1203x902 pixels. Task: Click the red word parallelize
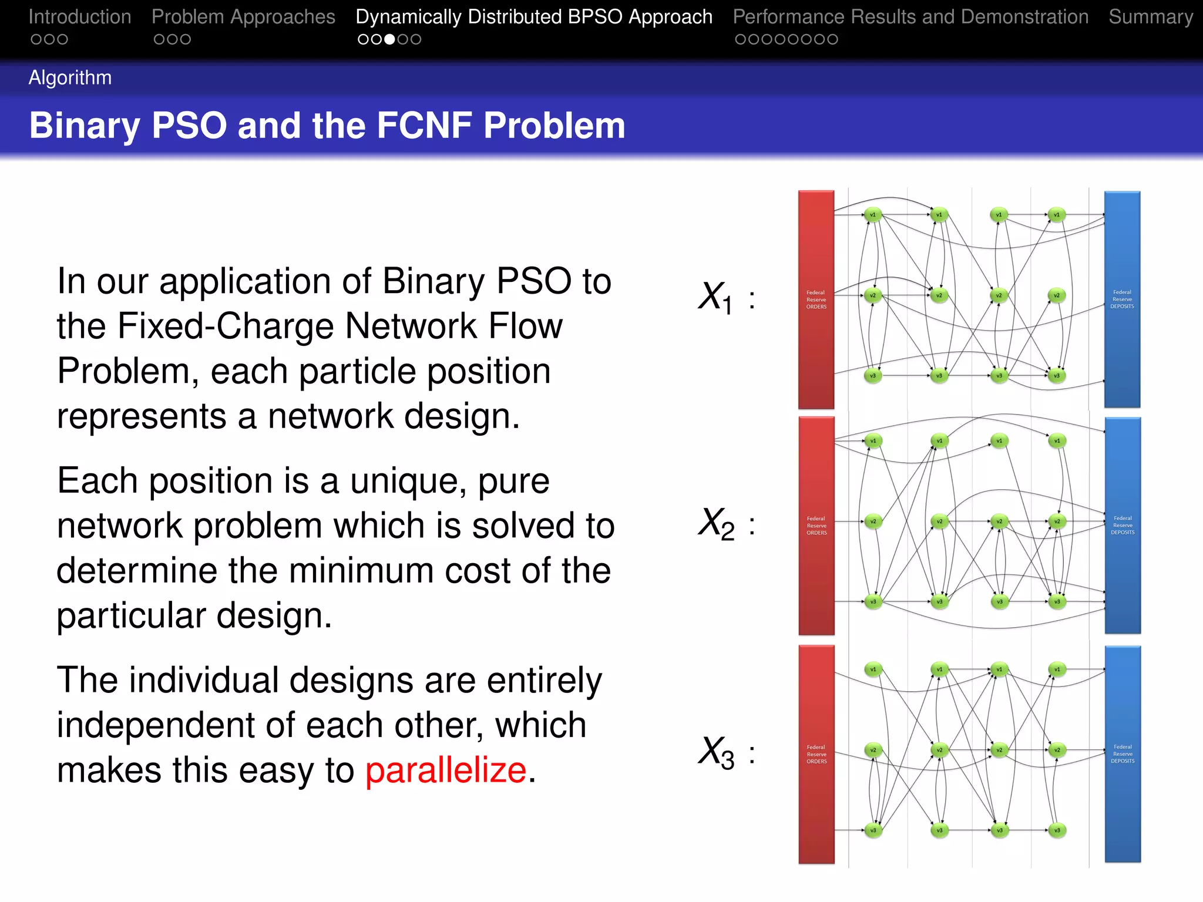coord(446,770)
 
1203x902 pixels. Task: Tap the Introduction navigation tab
coord(80,16)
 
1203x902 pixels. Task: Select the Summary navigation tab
coord(1150,16)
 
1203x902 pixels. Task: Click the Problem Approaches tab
coord(243,16)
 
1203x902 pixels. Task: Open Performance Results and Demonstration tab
coord(910,16)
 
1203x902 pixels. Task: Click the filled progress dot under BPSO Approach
coord(389,39)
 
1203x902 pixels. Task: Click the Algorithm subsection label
coord(70,78)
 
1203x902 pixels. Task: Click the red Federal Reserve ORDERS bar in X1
coord(816,299)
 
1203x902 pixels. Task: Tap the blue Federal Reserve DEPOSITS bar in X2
coord(1123,525)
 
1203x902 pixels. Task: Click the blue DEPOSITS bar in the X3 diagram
coord(1123,754)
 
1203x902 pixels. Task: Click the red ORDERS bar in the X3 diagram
coord(816,754)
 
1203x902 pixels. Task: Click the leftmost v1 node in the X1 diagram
coord(873,215)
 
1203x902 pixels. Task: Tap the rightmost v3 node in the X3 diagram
coord(1057,830)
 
